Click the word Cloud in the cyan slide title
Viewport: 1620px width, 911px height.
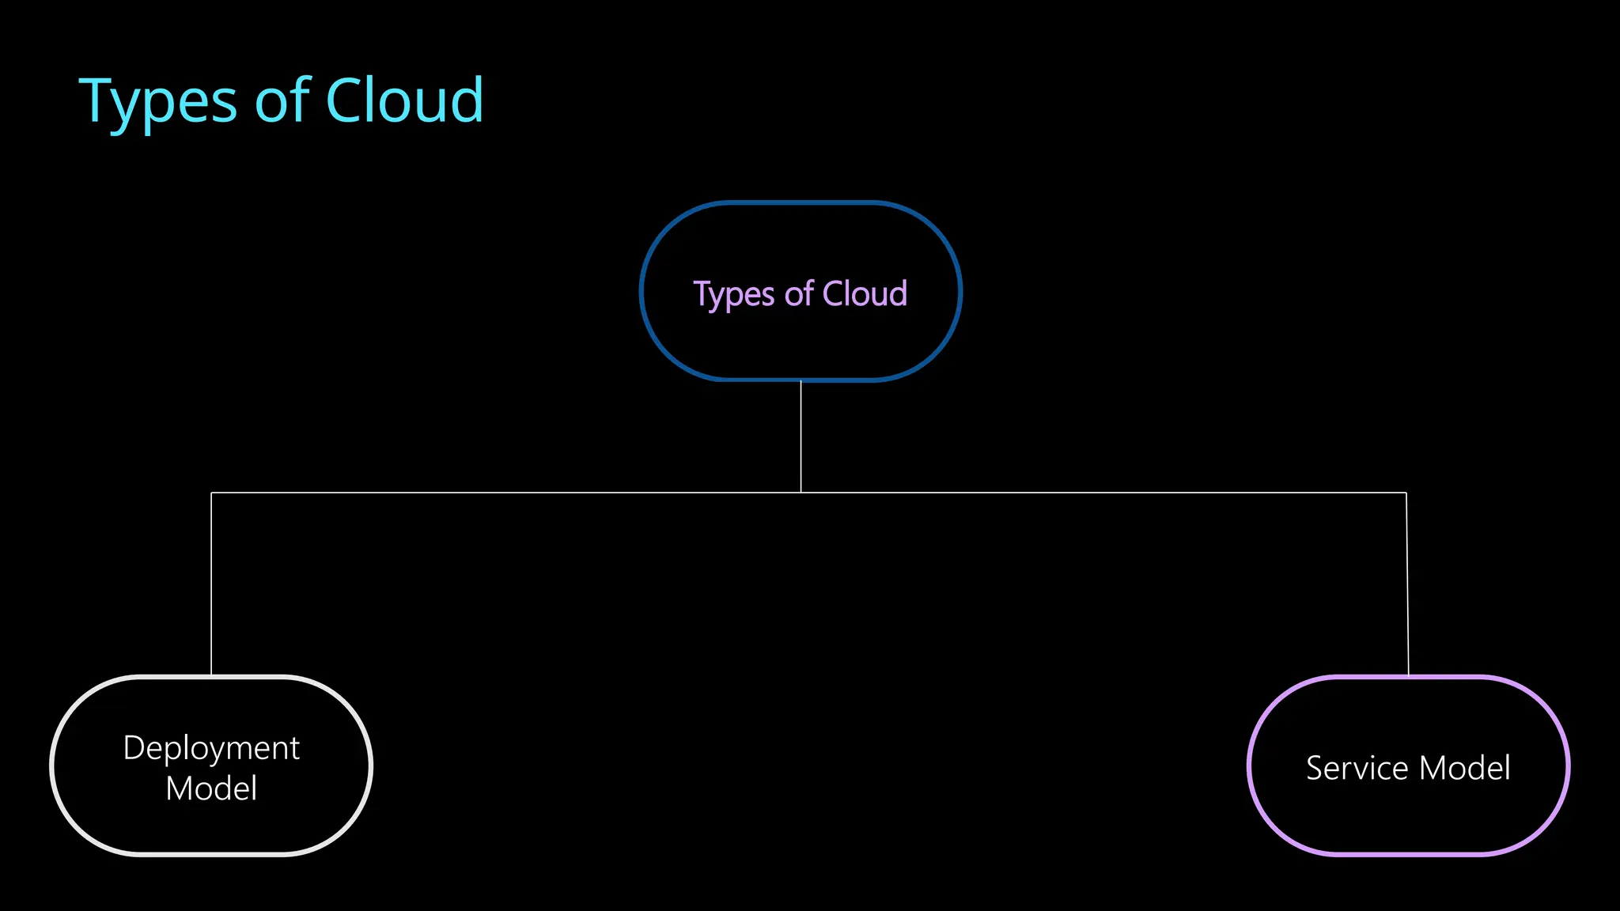point(404,100)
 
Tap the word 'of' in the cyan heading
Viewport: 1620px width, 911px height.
point(282,101)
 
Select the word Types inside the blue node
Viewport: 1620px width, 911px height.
point(733,295)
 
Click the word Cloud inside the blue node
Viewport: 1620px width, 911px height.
point(865,293)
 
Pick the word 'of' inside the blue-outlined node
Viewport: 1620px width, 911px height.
point(799,293)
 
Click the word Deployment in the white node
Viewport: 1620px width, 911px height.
point(211,748)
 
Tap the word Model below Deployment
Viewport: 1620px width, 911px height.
point(211,788)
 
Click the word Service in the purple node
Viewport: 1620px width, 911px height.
point(1357,768)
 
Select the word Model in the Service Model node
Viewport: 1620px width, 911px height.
point(1465,768)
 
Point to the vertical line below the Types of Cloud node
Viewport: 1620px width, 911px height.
point(801,435)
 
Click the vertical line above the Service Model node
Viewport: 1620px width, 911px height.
point(1407,585)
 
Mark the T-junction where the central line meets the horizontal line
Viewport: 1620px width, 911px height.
point(801,493)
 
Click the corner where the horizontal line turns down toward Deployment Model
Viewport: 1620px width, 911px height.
point(211,493)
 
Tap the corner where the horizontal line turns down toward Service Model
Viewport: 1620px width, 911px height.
point(1406,493)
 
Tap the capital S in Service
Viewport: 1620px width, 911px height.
point(1315,768)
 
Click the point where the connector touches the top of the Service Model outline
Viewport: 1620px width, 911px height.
point(1409,676)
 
